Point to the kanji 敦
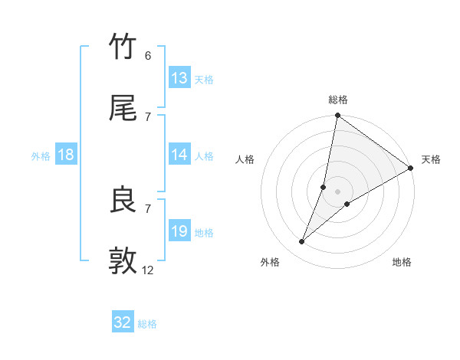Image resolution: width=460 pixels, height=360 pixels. (x=123, y=261)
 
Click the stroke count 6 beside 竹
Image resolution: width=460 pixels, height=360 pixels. (x=148, y=56)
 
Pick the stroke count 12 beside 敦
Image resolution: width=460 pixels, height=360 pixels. (x=148, y=270)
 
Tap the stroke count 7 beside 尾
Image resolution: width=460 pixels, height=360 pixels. (x=148, y=116)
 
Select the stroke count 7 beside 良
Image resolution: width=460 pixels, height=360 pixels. (x=148, y=208)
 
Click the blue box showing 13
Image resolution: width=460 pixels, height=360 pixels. (x=179, y=78)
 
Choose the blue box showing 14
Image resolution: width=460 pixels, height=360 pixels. (x=179, y=155)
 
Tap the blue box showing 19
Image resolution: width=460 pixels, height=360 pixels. (x=179, y=231)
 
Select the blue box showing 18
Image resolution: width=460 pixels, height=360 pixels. (x=66, y=155)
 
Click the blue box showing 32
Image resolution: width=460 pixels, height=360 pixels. (x=123, y=322)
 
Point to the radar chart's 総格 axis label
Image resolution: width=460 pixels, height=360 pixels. (x=338, y=100)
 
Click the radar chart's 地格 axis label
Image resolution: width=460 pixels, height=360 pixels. (x=402, y=262)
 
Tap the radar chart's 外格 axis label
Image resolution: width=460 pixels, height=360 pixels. (x=270, y=262)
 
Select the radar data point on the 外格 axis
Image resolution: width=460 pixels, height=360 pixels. (x=302, y=242)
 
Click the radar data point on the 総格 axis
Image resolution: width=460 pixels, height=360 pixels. (x=338, y=116)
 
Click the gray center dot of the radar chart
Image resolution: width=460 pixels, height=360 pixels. (x=338, y=191)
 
